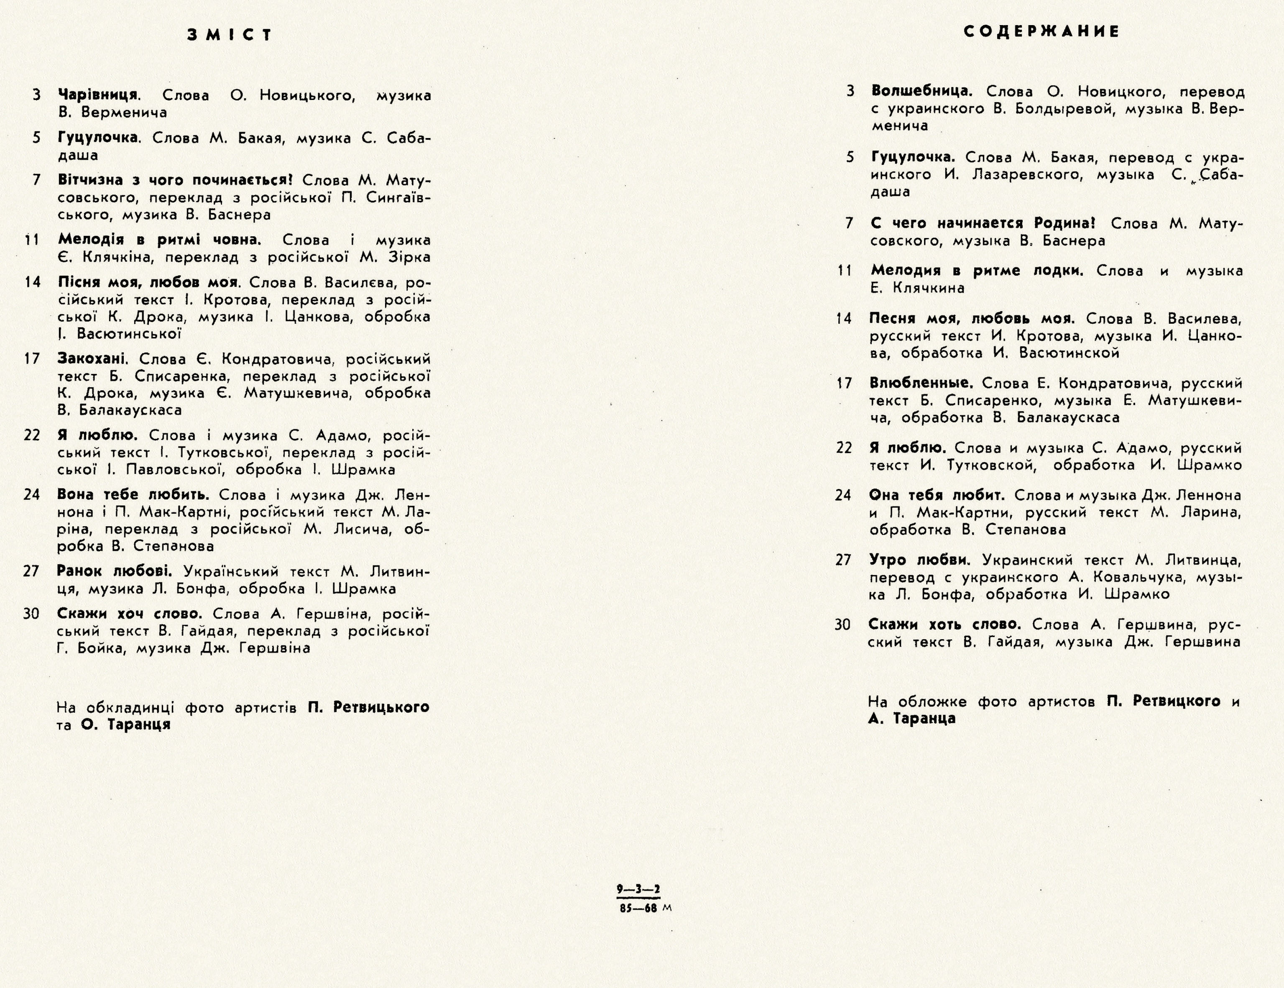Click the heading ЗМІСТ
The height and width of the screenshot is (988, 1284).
click(230, 35)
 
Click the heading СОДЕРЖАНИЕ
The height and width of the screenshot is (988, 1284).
click(1041, 32)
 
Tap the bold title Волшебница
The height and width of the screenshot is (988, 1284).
click(921, 91)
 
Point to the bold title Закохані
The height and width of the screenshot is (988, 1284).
click(93, 359)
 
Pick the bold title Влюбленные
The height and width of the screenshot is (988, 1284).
click(921, 384)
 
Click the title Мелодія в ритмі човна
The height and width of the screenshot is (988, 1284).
click(159, 240)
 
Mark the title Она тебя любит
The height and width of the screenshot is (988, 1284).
click(937, 495)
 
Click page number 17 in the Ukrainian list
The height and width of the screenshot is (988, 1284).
click(32, 359)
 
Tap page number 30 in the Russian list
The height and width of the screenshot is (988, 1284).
click(843, 625)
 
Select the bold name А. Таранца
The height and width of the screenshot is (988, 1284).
click(911, 719)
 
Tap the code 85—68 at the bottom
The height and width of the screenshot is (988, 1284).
click(638, 908)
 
